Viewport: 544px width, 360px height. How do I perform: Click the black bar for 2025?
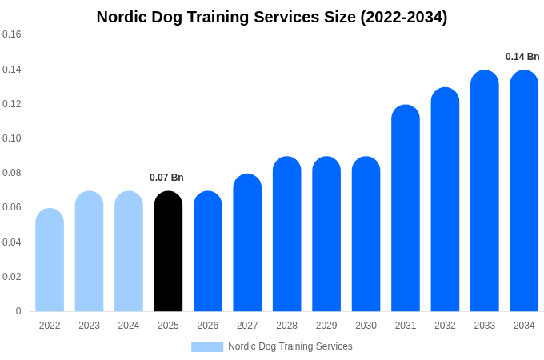(x=168, y=252)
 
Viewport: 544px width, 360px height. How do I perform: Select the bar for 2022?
(x=50, y=260)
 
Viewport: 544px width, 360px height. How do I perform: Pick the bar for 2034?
(x=524, y=192)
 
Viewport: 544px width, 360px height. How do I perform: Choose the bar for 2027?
(x=247, y=243)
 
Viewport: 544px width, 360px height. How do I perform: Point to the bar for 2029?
(x=326, y=234)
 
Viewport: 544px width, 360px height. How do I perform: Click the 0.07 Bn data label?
(x=166, y=178)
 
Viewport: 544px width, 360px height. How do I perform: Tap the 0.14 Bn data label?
(x=522, y=57)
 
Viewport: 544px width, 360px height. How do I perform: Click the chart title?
(x=272, y=17)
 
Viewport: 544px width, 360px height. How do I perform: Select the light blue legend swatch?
(x=207, y=346)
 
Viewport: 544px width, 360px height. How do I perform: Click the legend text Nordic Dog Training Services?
(x=290, y=346)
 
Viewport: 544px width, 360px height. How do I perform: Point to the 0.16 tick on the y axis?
(x=12, y=34)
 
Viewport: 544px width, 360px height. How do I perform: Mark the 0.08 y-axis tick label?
(x=12, y=173)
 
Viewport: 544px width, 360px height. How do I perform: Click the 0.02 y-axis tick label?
(x=12, y=277)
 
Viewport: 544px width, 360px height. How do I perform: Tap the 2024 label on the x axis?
(x=129, y=326)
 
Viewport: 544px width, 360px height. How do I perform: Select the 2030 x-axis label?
(x=366, y=326)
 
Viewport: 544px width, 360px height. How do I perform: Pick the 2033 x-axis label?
(x=485, y=326)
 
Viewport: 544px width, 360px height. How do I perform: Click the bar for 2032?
(x=445, y=200)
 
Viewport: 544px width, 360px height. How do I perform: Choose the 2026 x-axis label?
(x=208, y=326)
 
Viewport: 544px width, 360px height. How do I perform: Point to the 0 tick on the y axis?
(x=18, y=311)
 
